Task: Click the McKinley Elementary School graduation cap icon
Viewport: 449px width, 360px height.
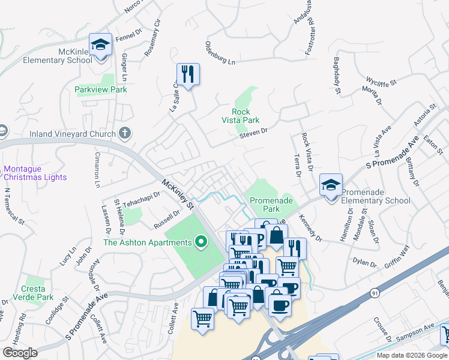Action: pyautogui.click(x=100, y=44)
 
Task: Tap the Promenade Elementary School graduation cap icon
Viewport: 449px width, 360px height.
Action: pyautogui.click(x=331, y=185)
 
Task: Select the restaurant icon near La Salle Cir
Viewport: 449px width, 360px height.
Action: pyautogui.click(x=188, y=74)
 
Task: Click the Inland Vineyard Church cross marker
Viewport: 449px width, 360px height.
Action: pyautogui.click(x=124, y=133)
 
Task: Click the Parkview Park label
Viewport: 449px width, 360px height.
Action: pyautogui.click(x=101, y=89)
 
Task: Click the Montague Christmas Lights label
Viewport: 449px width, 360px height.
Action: pyautogui.click(x=35, y=173)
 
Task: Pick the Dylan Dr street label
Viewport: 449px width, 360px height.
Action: pyautogui.click(x=364, y=262)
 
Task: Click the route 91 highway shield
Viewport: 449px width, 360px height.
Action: pyautogui.click(x=375, y=293)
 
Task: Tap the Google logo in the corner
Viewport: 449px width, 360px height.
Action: pyautogui.click(x=20, y=352)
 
